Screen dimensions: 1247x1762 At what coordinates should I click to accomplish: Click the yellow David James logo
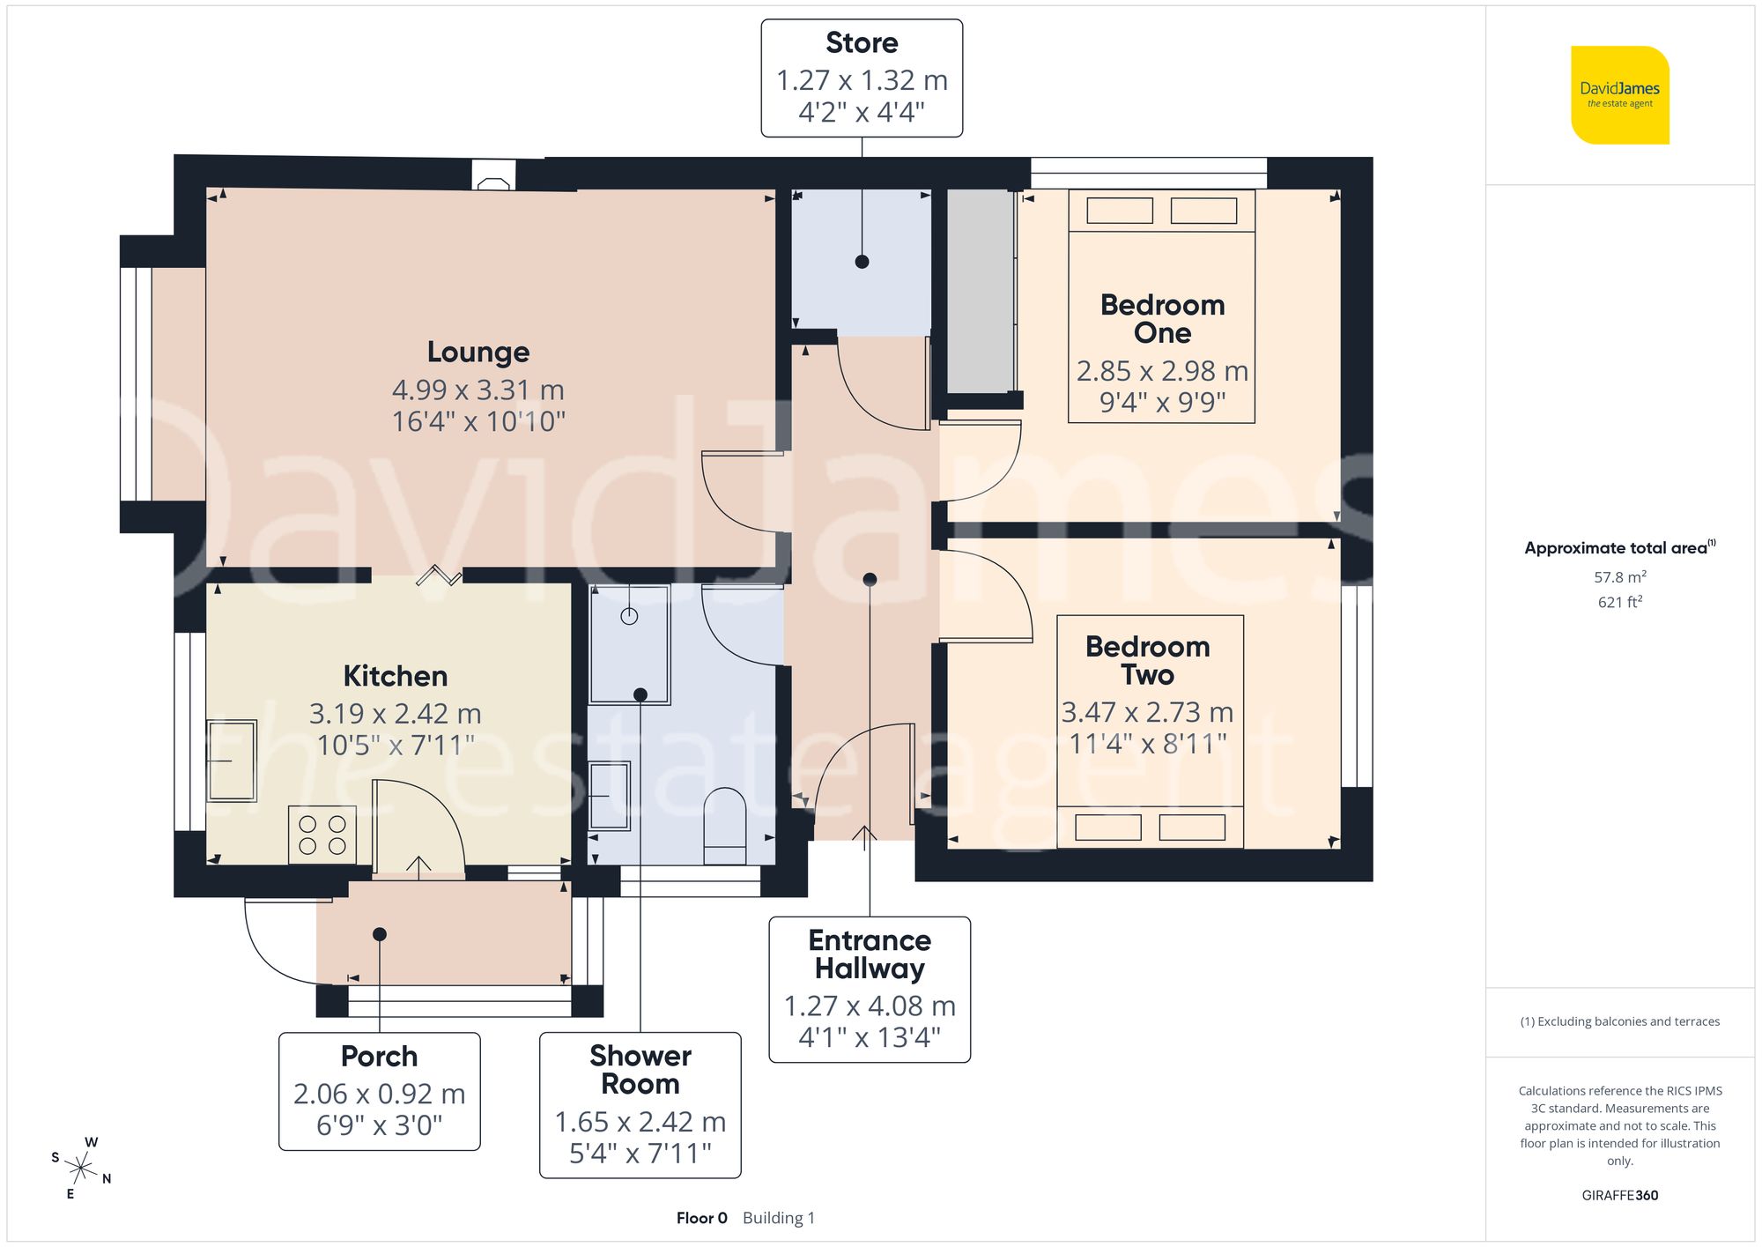[1619, 95]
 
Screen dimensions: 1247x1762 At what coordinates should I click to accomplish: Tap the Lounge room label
[478, 352]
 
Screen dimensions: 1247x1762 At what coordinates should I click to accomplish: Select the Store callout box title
[862, 42]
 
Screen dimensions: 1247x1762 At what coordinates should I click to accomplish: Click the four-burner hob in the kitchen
[322, 835]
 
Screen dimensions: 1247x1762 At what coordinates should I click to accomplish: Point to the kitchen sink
[232, 761]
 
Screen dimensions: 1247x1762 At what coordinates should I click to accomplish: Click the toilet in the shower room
[725, 826]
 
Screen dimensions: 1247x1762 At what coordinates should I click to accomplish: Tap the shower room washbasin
[610, 796]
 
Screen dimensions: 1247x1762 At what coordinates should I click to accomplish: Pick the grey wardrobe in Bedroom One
[980, 291]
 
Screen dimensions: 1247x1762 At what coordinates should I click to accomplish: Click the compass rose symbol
[81, 1169]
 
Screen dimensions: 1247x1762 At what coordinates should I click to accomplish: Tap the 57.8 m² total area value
[1619, 577]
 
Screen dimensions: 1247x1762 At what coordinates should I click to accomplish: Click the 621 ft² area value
[1619, 602]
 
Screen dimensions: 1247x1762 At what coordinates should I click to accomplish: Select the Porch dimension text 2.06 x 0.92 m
[379, 1094]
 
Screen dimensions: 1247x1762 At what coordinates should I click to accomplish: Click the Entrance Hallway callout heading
[870, 954]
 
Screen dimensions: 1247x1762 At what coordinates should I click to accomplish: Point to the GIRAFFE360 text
[1619, 1196]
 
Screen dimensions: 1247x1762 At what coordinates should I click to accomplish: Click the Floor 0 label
[701, 1218]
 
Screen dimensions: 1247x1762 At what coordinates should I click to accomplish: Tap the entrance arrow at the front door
[864, 837]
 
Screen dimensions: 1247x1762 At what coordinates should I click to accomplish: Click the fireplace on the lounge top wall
[493, 174]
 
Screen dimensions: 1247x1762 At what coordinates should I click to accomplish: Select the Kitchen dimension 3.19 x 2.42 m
[395, 714]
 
